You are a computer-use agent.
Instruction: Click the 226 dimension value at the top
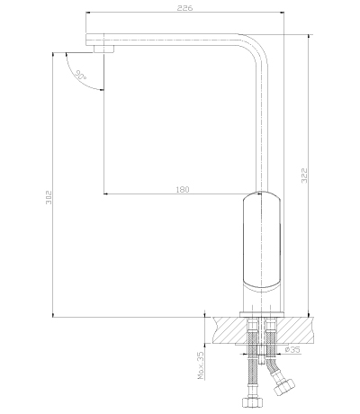point(184,8)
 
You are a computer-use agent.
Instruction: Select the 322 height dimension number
point(304,175)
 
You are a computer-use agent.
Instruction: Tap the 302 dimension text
point(49,197)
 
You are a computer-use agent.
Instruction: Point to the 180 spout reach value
point(183,190)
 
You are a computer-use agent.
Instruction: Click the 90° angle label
point(81,75)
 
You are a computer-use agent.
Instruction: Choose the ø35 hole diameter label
point(292,349)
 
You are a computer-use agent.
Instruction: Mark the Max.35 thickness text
point(201,365)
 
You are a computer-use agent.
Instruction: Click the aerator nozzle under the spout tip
point(103,49)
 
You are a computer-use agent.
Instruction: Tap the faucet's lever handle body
point(262,240)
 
